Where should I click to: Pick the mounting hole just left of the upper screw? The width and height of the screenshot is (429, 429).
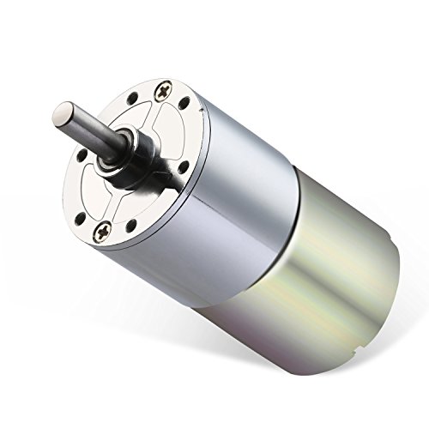(133, 97)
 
